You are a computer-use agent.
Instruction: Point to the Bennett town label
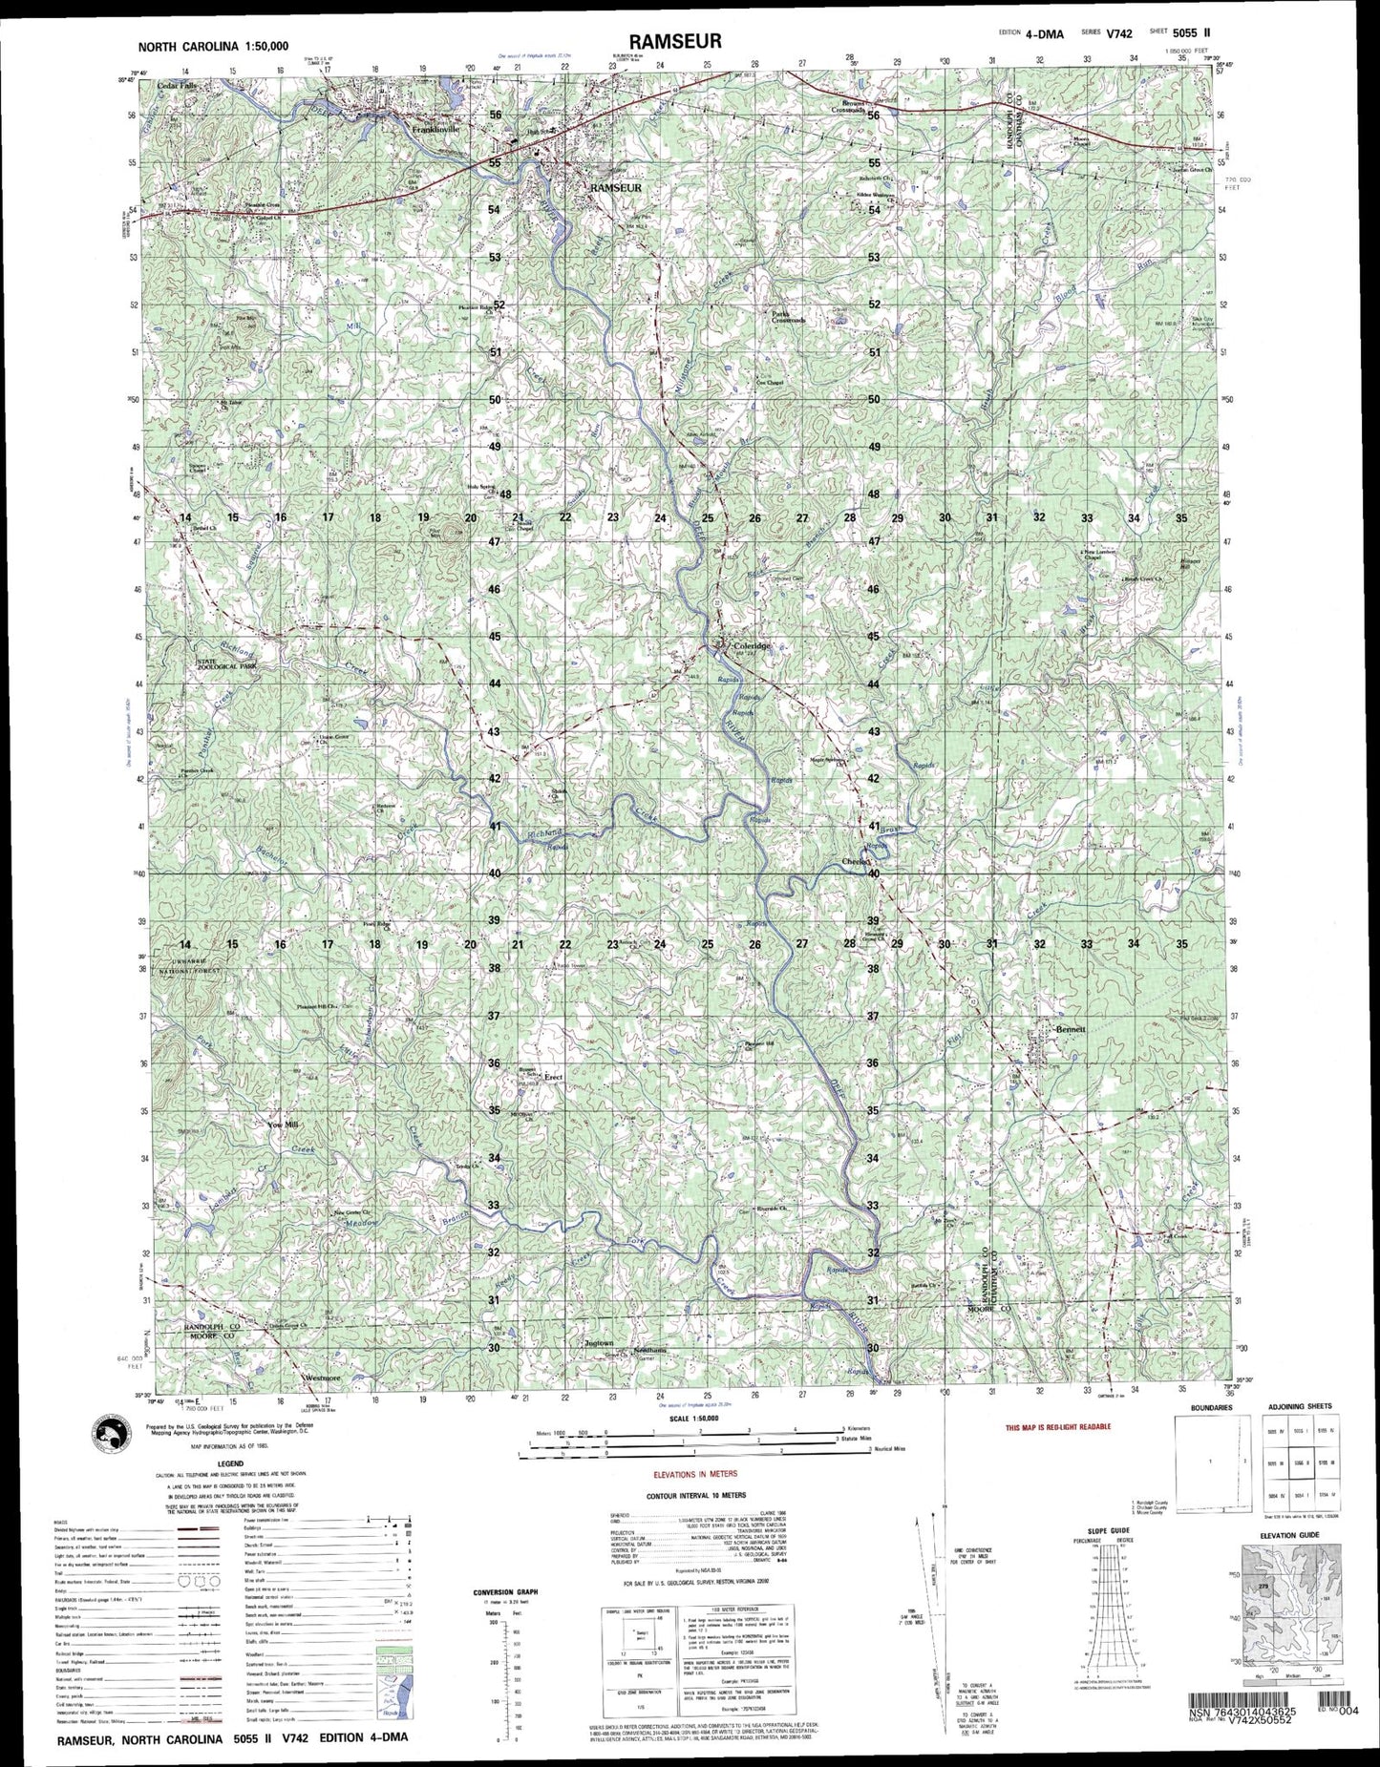1067,1030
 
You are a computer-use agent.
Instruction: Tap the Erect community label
553,1077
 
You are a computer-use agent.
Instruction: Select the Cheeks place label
858,861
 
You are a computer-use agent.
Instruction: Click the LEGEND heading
202,1464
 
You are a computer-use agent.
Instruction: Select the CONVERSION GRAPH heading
504,1591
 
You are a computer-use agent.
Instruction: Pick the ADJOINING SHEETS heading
1300,1407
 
